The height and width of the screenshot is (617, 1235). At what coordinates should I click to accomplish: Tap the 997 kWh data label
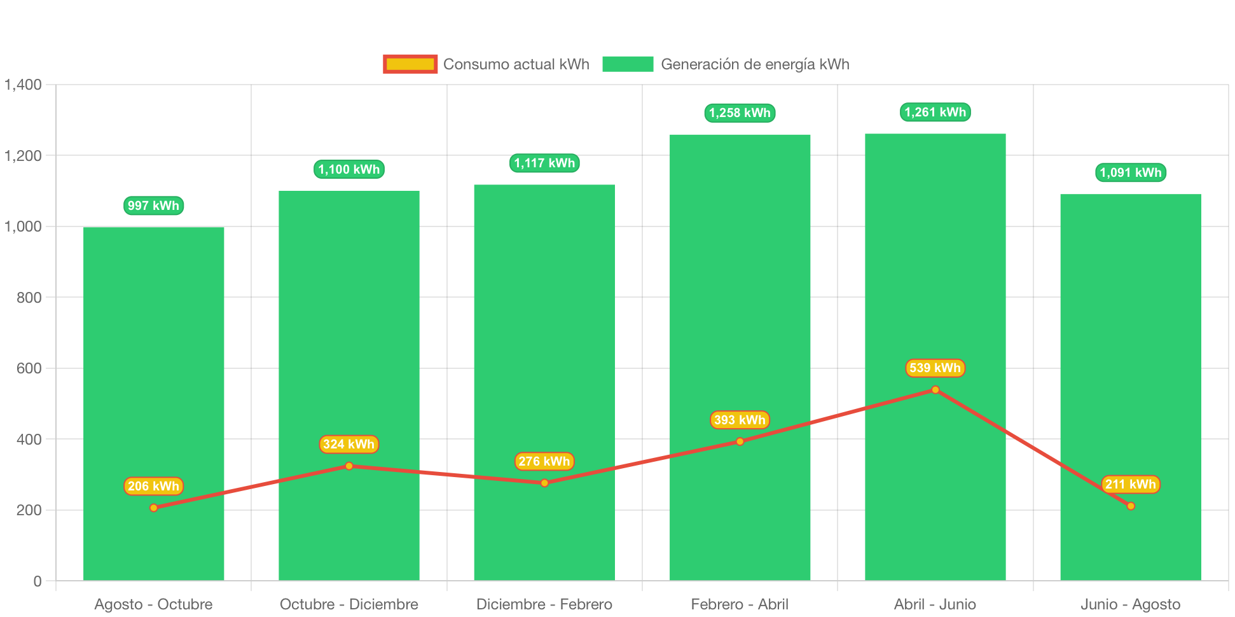153,205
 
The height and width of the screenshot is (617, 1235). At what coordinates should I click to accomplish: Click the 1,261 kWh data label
935,113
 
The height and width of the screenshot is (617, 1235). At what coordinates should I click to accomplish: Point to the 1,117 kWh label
544,163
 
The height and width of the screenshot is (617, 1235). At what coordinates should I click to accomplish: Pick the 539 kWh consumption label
935,368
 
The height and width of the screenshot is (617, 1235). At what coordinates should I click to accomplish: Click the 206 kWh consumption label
153,487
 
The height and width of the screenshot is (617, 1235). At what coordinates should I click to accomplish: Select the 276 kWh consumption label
544,462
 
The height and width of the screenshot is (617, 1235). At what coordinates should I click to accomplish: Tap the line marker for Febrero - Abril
740,441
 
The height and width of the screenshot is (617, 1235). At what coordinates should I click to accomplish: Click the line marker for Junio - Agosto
1131,506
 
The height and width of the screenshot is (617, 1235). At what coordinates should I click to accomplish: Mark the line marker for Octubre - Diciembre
349,466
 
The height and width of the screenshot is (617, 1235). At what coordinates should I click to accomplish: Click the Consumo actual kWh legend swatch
410,64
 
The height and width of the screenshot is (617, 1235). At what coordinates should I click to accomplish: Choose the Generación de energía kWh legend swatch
628,64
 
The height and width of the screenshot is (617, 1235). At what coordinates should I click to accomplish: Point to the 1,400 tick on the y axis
24,85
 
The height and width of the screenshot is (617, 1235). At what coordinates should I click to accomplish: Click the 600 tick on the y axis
29,368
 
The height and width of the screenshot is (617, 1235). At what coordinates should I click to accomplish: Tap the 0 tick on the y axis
38,581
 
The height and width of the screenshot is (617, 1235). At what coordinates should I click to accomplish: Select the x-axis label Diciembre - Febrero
544,604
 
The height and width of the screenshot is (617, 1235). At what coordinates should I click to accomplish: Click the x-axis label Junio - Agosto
1131,604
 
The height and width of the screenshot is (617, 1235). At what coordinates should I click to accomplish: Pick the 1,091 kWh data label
1131,173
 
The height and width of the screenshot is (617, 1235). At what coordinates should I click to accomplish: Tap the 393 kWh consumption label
740,420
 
